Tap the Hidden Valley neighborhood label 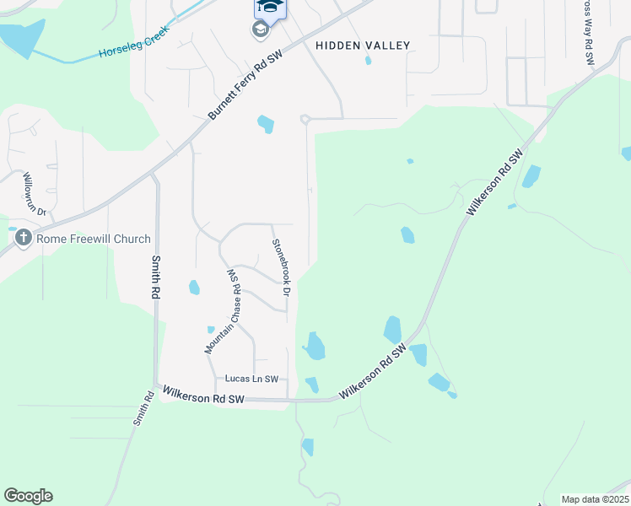[x=363, y=46]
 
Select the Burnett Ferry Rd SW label [x=247, y=82]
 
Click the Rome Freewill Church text [x=93, y=240]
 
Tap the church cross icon [x=23, y=240]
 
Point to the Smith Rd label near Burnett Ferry [x=156, y=278]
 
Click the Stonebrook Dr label [x=280, y=267]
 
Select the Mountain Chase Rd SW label [x=224, y=311]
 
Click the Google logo [x=28, y=496]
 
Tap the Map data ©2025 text [x=595, y=499]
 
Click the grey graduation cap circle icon [x=260, y=30]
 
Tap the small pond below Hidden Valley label [x=368, y=61]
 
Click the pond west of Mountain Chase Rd [x=194, y=288]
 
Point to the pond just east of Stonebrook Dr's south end [x=315, y=346]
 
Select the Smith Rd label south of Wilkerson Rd [x=141, y=409]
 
